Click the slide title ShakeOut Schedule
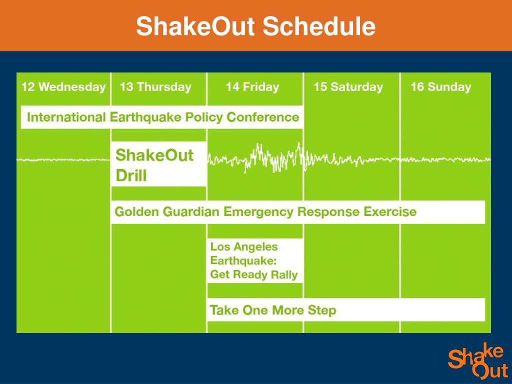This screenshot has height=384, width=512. [x=255, y=26]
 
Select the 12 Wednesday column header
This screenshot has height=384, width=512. [x=63, y=87]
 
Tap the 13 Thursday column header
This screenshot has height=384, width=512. [x=155, y=87]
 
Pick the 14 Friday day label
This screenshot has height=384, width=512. [x=252, y=87]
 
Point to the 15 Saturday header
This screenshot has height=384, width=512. [x=348, y=87]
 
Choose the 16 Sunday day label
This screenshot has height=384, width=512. [x=440, y=87]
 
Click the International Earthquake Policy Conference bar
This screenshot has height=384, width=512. [x=162, y=117]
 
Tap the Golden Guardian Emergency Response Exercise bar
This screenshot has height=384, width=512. [x=297, y=212]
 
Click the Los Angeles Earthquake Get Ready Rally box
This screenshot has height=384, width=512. [x=254, y=260]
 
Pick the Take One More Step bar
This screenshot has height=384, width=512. [x=345, y=310]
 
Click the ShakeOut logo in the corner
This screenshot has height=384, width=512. [x=477, y=361]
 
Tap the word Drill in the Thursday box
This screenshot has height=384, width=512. [x=131, y=176]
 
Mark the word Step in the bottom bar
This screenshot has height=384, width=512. [x=322, y=310]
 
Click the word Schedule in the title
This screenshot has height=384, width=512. [x=319, y=26]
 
